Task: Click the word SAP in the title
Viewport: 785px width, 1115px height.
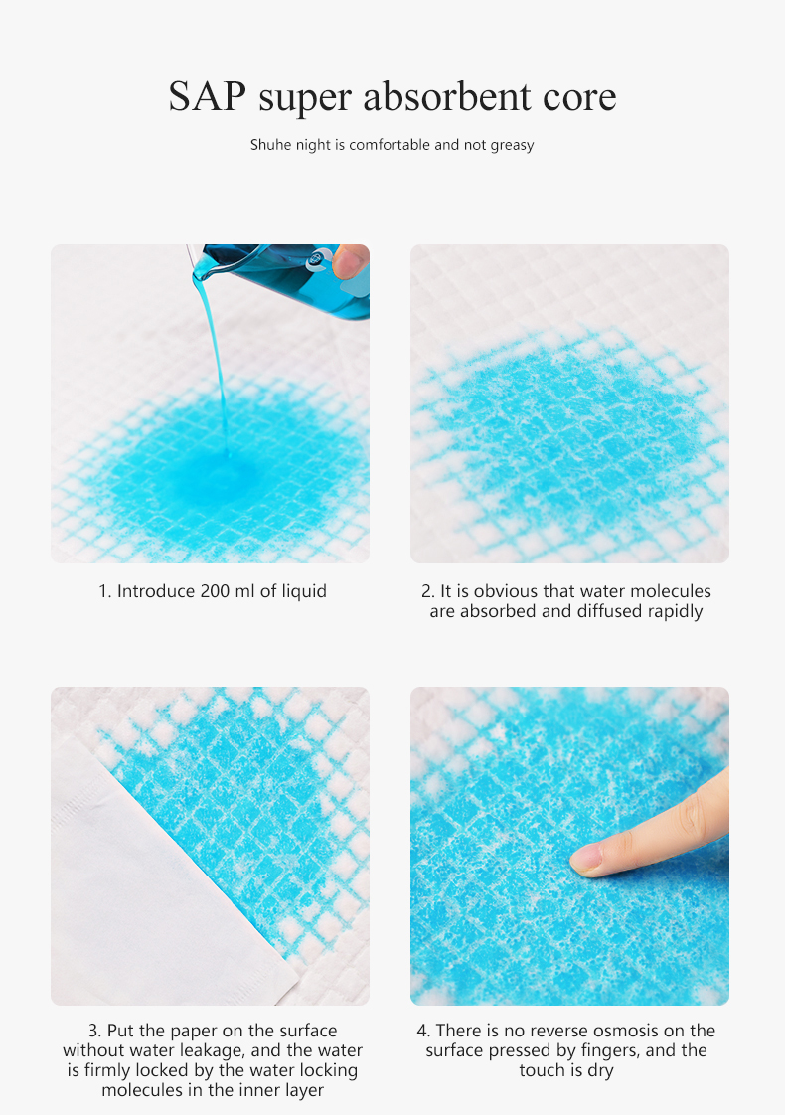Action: pos(208,97)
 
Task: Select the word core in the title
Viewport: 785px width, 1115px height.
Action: pos(578,97)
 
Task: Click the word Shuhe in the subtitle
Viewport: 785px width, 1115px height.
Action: pos(267,145)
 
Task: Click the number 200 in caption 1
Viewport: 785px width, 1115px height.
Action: pos(216,591)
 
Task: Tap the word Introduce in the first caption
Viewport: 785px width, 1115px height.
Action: pos(156,591)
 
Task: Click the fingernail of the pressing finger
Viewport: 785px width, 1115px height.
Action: pos(587,860)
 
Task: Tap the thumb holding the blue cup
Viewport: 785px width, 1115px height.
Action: pos(350,262)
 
